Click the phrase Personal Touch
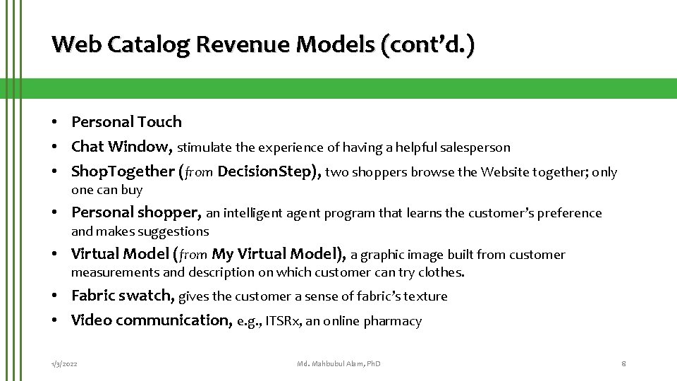[x=126, y=121]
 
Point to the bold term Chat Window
[x=121, y=147]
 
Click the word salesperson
[x=476, y=148]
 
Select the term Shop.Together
[x=123, y=171]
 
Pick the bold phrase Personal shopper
[x=136, y=212]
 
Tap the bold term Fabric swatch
[x=123, y=295]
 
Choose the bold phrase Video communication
[x=151, y=320]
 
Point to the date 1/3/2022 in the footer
[x=64, y=363]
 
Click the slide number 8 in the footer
[x=623, y=363]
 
